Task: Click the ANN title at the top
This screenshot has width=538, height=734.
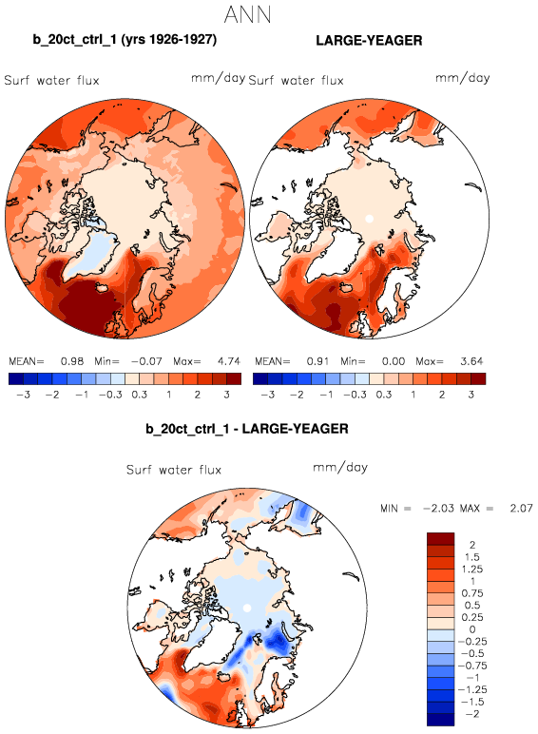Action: pyautogui.click(x=247, y=14)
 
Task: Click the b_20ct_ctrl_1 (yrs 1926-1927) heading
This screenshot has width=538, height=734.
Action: pyautogui.click(x=125, y=39)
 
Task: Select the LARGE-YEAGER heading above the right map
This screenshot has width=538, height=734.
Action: pyautogui.click(x=369, y=40)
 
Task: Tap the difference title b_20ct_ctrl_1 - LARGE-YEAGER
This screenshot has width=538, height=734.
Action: pyautogui.click(x=247, y=429)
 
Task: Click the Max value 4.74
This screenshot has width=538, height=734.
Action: pyautogui.click(x=229, y=361)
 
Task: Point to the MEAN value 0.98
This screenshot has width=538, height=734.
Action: pyautogui.click(x=72, y=361)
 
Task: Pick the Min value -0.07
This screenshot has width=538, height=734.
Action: pyautogui.click(x=146, y=361)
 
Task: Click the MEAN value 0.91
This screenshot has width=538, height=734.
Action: pyautogui.click(x=317, y=361)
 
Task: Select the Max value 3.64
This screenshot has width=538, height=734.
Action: pyautogui.click(x=471, y=361)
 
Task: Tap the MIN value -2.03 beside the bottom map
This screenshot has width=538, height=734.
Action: pyautogui.click(x=438, y=508)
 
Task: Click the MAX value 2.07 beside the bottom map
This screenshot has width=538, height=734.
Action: pyautogui.click(x=521, y=508)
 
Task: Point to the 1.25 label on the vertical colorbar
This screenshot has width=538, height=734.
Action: pyautogui.click(x=472, y=570)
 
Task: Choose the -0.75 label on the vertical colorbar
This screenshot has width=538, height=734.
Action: pyautogui.click(x=472, y=666)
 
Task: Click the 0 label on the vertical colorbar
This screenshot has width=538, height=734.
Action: pyautogui.click(x=472, y=629)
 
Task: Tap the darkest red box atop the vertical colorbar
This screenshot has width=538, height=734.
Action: pyautogui.click(x=440, y=539)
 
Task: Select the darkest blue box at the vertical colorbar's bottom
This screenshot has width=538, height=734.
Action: pyautogui.click(x=440, y=720)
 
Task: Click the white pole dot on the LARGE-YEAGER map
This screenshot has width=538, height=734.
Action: pyautogui.click(x=369, y=218)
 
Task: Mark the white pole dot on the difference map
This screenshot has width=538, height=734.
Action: pyautogui.click(x=247, y=608)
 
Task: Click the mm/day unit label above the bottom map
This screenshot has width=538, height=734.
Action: pyautogui.click(x=340, y=467)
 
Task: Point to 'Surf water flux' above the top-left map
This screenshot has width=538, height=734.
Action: pyautogui.click(x=51, y=81)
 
